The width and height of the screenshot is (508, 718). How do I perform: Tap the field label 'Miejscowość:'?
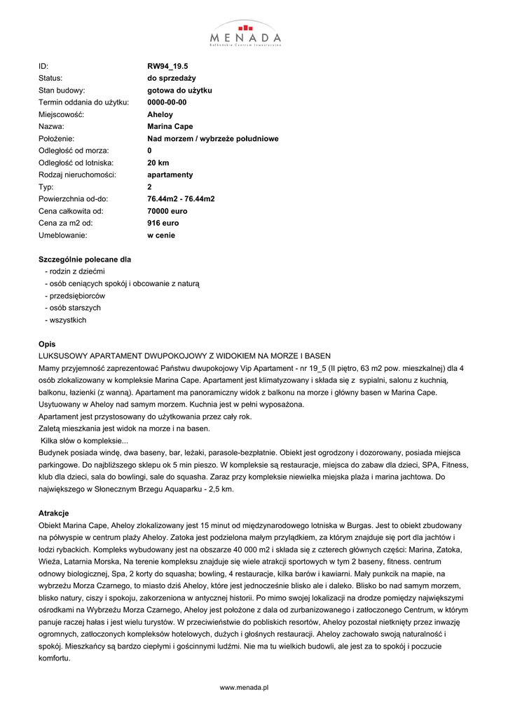(x=61, y=114)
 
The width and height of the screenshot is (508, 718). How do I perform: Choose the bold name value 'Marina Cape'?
(x=170, y=126)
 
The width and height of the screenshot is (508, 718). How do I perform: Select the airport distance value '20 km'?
(x=158, y=163)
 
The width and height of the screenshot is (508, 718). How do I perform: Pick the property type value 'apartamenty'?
(x=170, y=175)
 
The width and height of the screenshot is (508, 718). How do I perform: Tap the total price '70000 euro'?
(x=167, y=211)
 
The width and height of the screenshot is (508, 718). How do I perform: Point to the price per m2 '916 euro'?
(x=163, y=223)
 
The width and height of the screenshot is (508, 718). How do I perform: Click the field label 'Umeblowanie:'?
(x=62, y=235)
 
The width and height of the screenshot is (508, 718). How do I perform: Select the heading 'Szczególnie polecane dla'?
(x=84, y=259)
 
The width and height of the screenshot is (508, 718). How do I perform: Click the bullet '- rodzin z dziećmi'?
(x=74, y=271)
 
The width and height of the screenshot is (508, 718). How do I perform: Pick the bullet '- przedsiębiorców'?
(x=75, y=296)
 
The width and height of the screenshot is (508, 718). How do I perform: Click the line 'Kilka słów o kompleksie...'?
(x=84, y=440)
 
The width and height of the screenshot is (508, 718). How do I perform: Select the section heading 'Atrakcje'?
(x=53, y=513)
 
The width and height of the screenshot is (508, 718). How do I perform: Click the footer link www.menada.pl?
(x=245, y=689)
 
